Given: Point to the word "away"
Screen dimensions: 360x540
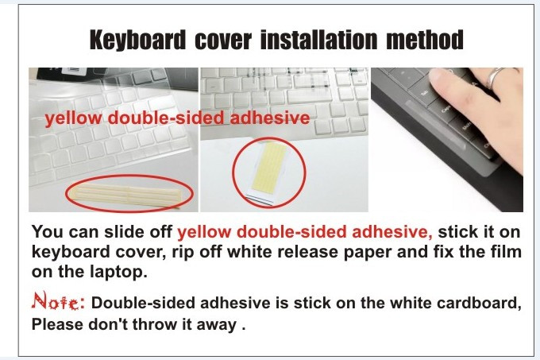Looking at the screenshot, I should coord(218,324).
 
